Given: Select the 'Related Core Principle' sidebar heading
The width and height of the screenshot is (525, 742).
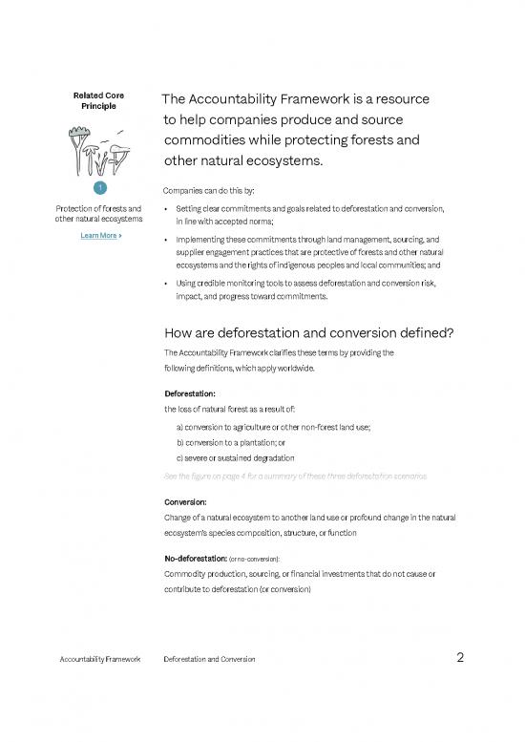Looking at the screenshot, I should click(98, 101).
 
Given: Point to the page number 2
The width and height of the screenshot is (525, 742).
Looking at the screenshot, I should click(460, 658).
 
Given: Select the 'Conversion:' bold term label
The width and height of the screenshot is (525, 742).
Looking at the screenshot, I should click(187, 501).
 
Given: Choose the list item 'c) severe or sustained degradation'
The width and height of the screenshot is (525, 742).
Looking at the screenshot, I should click(235, 458).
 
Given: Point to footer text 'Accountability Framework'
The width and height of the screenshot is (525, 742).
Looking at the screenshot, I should click(98, 660).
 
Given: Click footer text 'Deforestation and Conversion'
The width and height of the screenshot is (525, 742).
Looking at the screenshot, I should click(209, 660).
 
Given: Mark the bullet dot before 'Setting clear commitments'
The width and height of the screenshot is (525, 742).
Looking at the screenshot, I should click(166, 208).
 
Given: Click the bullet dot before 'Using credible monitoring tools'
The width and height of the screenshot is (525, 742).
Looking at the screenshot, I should click(166, 286).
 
